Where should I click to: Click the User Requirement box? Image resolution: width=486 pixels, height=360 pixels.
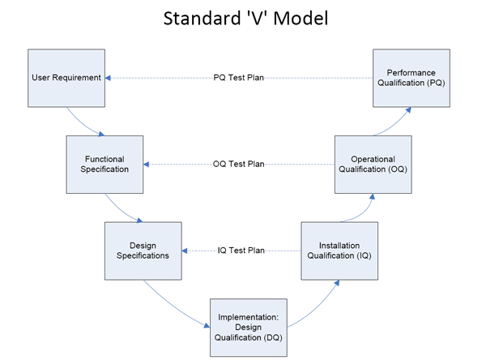tap(66, 78)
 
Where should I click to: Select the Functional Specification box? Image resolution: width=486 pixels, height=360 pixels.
tap(105, 164)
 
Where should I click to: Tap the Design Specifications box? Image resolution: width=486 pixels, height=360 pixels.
tap(143, 250)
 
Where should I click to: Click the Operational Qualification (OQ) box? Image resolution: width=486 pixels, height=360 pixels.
tap(373, 164)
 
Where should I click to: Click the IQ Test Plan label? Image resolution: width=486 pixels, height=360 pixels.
tap(241, 250)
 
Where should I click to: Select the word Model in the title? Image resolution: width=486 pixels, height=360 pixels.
tap(300, 18)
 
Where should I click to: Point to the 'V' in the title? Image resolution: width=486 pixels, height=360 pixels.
tap(254, 18)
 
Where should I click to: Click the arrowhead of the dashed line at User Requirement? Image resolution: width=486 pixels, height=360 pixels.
tap(109, 78)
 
